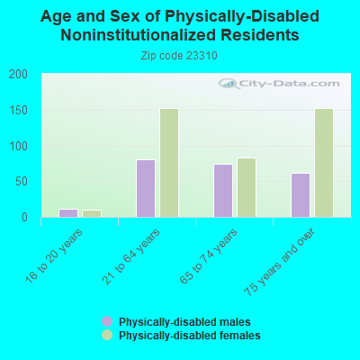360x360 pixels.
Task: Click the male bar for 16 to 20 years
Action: pyautogui.click(x=68, y=213)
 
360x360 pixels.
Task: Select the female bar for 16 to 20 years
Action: pyautogui.click(x=92, y=213)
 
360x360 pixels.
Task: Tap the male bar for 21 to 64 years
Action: pyautogui.click(x=146, y=188)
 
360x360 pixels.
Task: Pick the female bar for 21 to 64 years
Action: pyautogui.click(x=169, y=163)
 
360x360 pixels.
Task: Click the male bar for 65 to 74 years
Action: pyautogui.click(x=223, y=191)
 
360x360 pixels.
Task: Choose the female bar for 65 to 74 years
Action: pyautogui.click(x=247, y=187)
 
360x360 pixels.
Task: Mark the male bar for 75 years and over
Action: pyautogui.click(x=301, y=195)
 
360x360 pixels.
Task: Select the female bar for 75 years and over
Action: pyautogui.click(x=324, y=163)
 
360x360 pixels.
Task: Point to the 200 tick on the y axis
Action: pyautogui.click(x=18, y=75)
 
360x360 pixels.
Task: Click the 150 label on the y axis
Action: pyautogui.click(x=18, y=111)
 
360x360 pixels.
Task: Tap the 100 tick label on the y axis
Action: pyautogui.click(x=18, y=146)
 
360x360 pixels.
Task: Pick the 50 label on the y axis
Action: pyautogui.click(x=22, y=182)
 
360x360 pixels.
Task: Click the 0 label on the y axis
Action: pyautogui.click(x=24, y=217)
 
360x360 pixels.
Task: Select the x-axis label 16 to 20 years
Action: pyautogui.click(x=54, y=256)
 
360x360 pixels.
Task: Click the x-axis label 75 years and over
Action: pyautogui.click(x=280, y=263)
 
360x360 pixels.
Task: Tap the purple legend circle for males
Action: pyautogui.click(x=107, y=321)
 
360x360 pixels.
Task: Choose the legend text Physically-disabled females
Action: pyautogui.click(x=190, y=335)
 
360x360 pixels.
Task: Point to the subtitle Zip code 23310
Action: pyautogui.click(x=179, y=56)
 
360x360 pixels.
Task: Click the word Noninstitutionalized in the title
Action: pyautogui.click(x=138, y=35)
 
